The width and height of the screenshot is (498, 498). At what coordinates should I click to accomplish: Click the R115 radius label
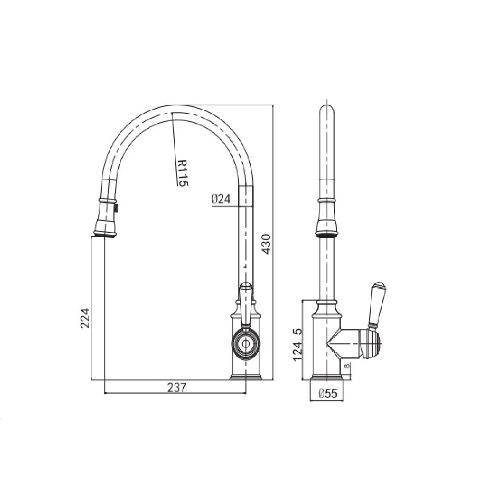coord(183,173)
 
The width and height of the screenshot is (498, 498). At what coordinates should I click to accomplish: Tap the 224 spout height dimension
coord(85,317)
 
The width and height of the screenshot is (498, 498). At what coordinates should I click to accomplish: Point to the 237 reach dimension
coord(176,388)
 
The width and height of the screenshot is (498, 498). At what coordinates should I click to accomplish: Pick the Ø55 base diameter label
coord(328,393)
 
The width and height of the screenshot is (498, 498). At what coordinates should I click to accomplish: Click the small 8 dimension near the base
coord(347,367)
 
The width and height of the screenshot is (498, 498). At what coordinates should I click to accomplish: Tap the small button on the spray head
coord(117,208)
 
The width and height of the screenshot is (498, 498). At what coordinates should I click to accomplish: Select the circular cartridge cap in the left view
coord(245,344)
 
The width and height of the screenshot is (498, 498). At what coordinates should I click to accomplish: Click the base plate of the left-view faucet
coord(246,378)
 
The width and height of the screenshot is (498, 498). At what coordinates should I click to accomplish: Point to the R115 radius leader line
coord(174,148)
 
